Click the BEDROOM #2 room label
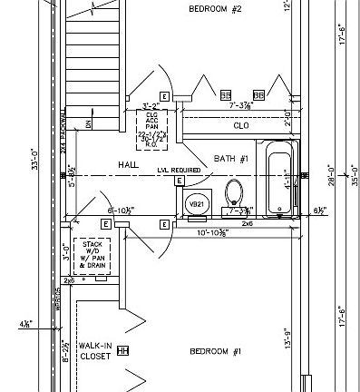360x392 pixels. coord(215,9)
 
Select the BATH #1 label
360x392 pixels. coord(231,159)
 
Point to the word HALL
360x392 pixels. coord(128,164)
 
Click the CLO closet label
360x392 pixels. coord(240,125)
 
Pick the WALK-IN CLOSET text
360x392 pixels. coord(94,351)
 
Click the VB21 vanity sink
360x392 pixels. coord(196,206)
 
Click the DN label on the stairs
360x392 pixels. coord(88,123)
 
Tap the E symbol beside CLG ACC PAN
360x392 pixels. coord(164,95)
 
